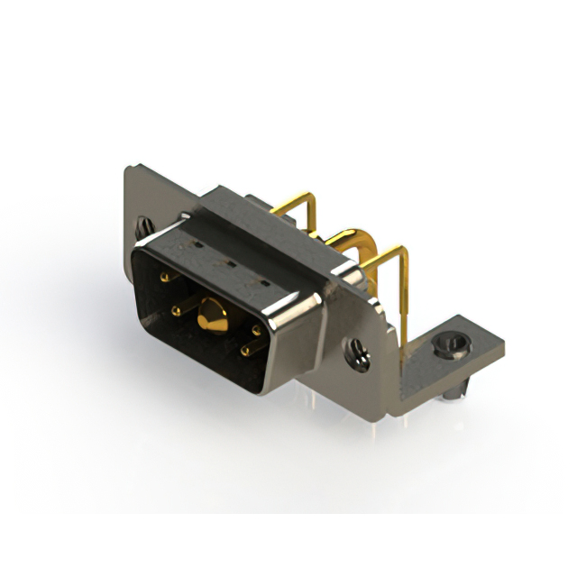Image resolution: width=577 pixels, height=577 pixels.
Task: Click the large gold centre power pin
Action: [213, 315]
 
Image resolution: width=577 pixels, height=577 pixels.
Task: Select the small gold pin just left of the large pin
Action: [177, 311]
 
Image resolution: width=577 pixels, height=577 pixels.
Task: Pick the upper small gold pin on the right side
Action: [256, 330]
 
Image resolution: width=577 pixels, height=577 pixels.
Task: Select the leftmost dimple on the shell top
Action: [191, 245]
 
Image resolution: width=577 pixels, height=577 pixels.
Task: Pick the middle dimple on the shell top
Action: [229, 263]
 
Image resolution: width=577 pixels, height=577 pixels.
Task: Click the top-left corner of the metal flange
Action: [124, 168]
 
